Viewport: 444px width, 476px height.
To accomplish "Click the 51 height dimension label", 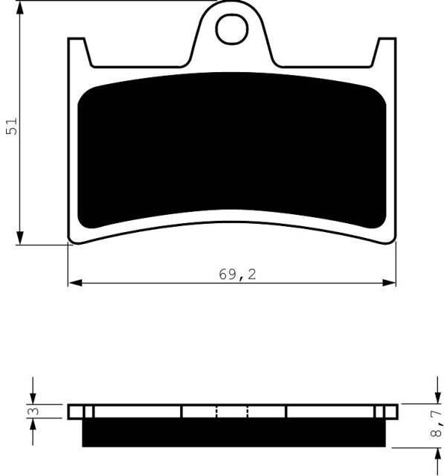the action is (x=12, y=126).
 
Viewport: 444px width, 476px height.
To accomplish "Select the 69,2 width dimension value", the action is (x=237, y=274).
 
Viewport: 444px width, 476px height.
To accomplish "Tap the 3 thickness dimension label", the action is (x=33, y=411).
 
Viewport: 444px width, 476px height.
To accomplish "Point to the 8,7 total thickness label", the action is (x=436, y=423).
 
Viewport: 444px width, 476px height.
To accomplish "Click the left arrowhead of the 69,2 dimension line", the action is (x=75, y=283).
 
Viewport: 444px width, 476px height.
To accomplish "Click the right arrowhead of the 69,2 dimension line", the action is (x=389, y=283).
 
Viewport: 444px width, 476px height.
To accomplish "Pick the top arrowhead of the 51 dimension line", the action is (x=20, y=8).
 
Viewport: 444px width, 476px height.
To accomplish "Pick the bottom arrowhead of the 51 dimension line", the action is (x=20, y=237).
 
